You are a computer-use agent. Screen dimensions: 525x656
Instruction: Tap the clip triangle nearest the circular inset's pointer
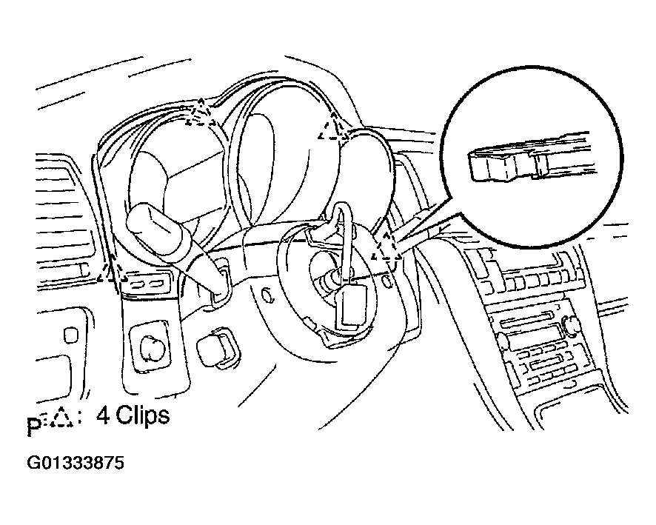(x=386, y=249)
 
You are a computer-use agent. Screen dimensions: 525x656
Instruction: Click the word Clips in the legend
(x=141, y=415)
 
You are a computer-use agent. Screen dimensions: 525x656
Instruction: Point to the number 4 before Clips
(x=103, y=415)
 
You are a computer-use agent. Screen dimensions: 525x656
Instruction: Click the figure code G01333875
(x=76, y=464)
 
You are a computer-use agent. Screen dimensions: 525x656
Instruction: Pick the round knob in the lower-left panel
(x=150, y=347)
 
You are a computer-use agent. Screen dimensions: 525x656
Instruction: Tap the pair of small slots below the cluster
(x=145, y=284)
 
